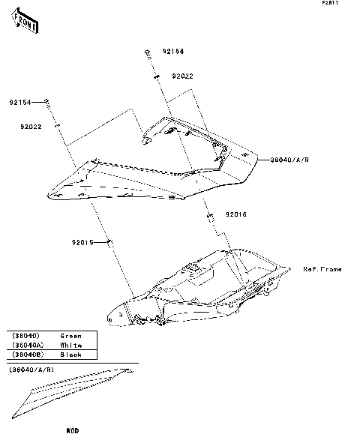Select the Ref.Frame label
coord(322,269)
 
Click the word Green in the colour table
coord(70,336)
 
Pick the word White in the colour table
coord(70,345)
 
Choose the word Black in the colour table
coord(70,354)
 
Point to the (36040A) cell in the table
coord(28,345)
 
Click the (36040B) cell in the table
coord(28,354)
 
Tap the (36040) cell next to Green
coord(26,336)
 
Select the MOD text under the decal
coord(72,430)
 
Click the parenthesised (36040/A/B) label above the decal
coord(32,370)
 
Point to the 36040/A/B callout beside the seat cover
coord(289,159)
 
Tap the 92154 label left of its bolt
coord(20,102)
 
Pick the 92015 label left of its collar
coord(83,242)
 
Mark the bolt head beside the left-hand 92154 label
coord(46,101)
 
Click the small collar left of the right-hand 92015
coord(209,215)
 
